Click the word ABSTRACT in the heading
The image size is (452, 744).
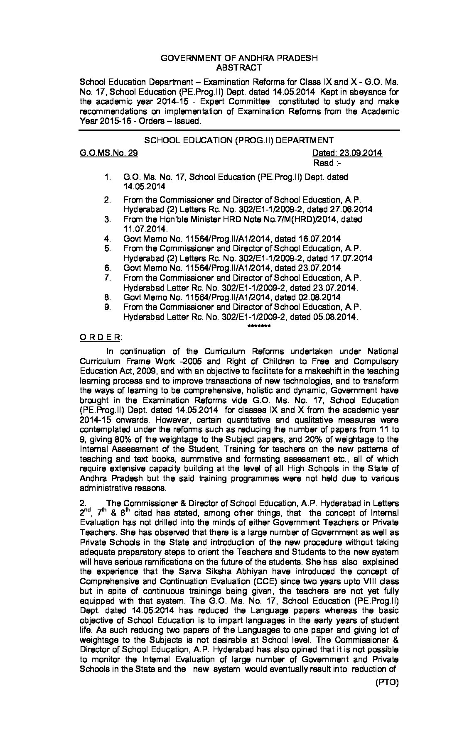click(239, 68)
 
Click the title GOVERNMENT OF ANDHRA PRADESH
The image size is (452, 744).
click(239, 58)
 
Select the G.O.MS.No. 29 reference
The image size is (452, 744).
click(108, 153)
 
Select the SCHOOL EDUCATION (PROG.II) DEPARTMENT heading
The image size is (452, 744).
click(239, 140)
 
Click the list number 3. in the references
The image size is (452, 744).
click(108, 219)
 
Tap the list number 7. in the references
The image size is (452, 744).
click(108, 278)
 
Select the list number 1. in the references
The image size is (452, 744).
click(108, 177)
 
